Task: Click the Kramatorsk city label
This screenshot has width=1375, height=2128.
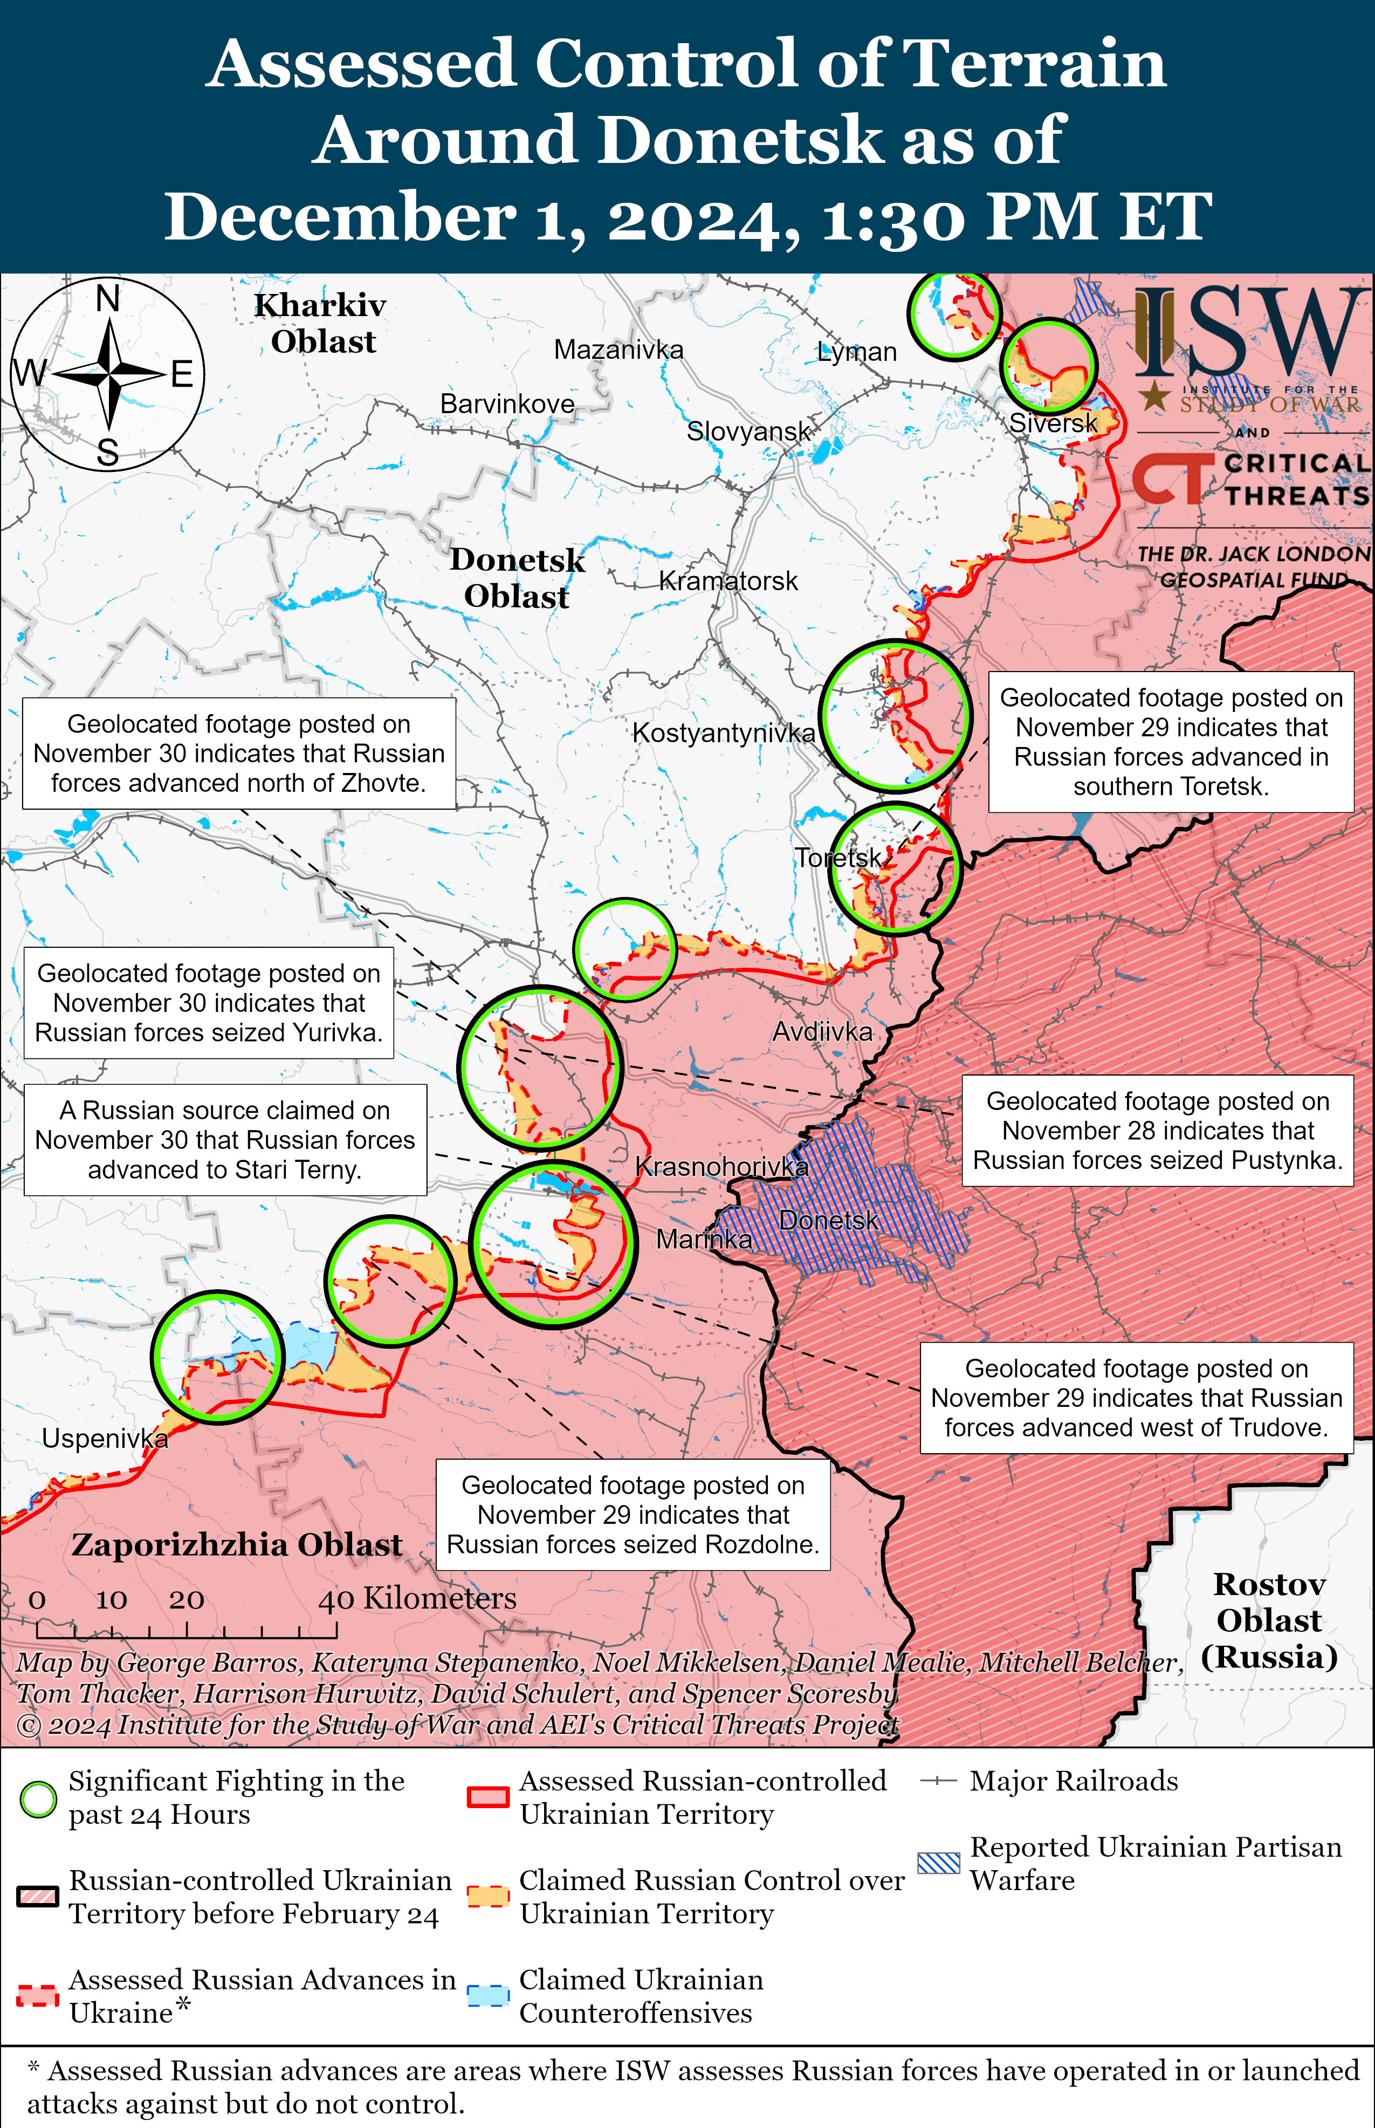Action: pyautogui.click(x=728, y=581)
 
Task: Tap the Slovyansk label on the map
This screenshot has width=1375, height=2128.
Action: pyautogui.click(x=748, y=432)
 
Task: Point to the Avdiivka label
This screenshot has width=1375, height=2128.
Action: pyautogui.click(x=821, y=1032)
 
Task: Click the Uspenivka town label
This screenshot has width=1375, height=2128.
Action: pyautogui.click(x=105, y=1439)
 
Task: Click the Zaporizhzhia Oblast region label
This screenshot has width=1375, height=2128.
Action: pyautogui.click(x=237, y=1545)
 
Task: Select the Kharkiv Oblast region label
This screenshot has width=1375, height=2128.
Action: pyautogui.click(x=321, y=323)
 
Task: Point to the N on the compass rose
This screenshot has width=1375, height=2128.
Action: pyautogui.click(x=108, y=298)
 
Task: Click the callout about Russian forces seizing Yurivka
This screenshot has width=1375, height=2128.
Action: pyautogui.click(x=209, y=1003)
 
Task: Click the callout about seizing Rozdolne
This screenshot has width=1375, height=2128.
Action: pyautogui.click(x=633, y=1515)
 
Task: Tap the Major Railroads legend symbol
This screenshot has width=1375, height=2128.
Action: pyautogui.click(x=938, y=1782)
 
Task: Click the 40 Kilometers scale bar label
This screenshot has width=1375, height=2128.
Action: pyautogui.click(x=417, y=1598)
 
